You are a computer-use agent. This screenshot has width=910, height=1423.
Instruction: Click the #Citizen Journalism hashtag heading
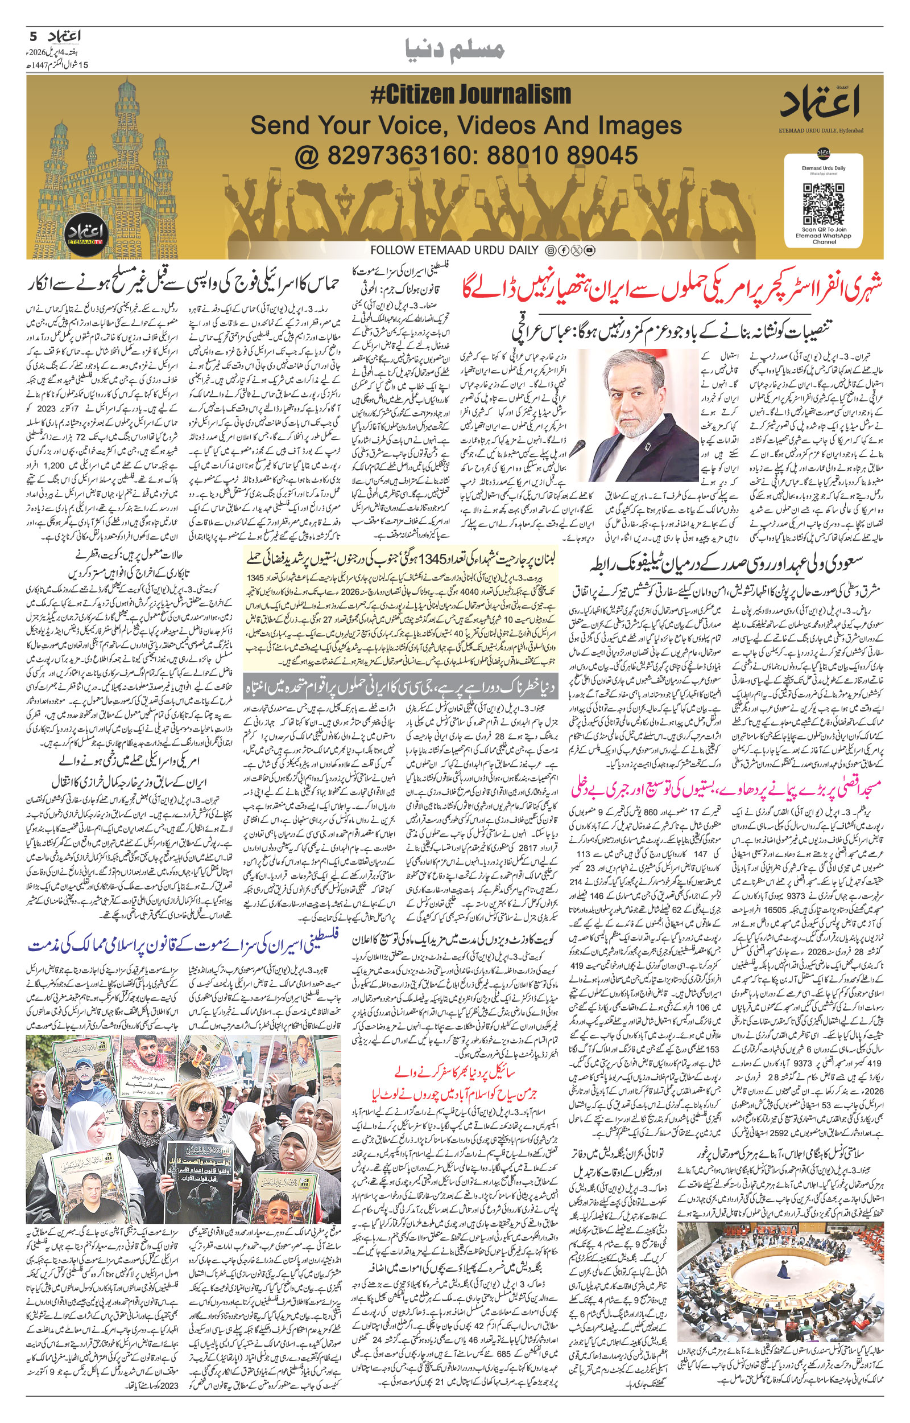[x=470, y=95]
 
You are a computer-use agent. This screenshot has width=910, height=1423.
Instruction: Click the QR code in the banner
[x=823, y=204]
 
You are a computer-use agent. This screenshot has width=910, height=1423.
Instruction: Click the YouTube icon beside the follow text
[x=590, y=250]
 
